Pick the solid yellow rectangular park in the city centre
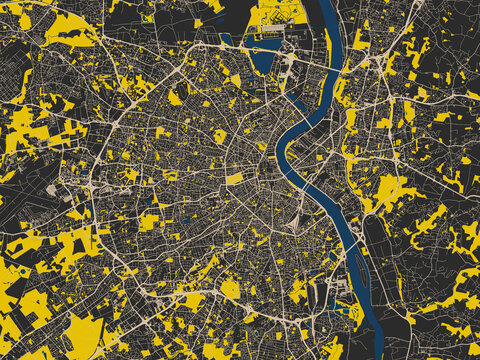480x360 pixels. (x=234, y=179)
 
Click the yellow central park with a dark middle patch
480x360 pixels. (x=220, y=136)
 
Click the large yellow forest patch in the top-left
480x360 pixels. (x=70, y=30)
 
